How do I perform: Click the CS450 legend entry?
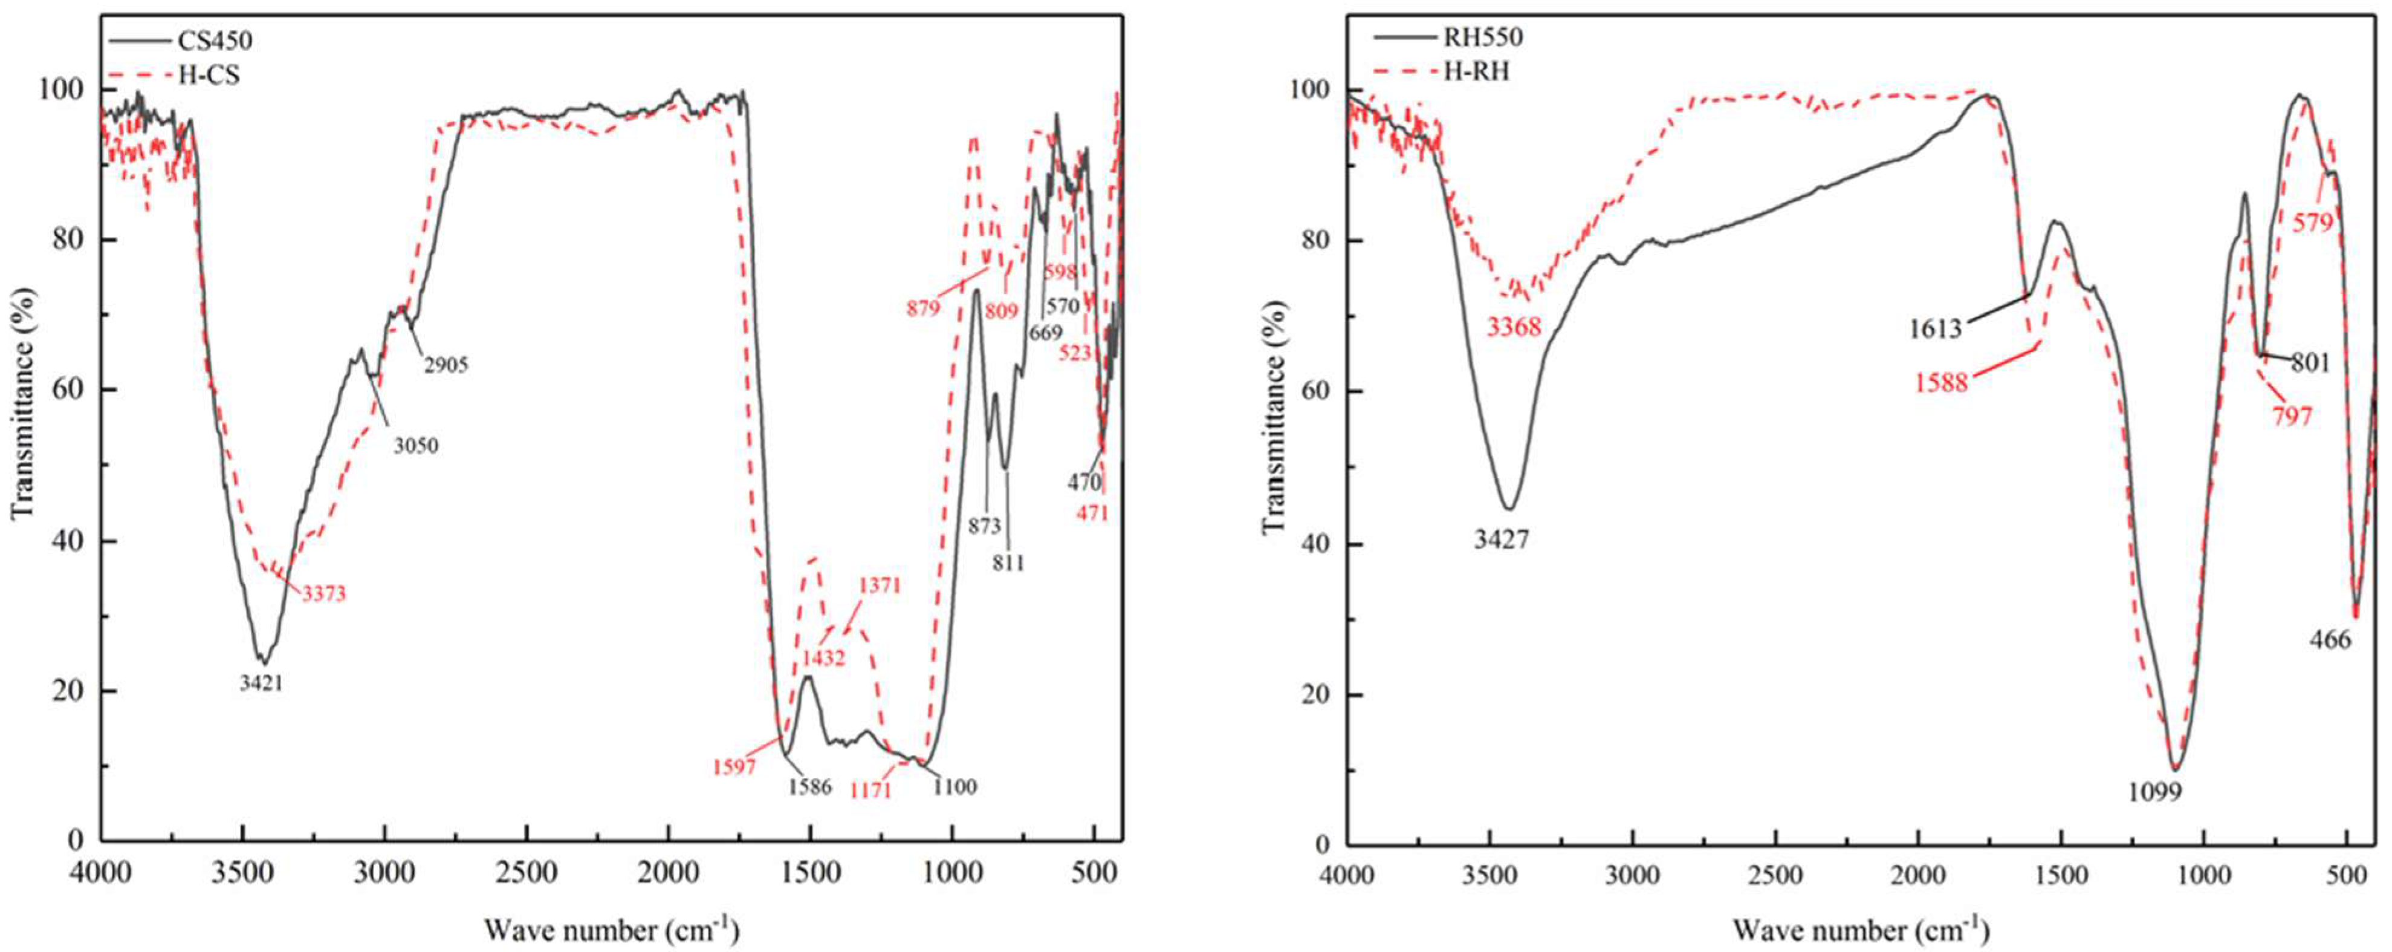click(x=213, y=41)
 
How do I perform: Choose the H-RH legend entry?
click(x=1474, y=71)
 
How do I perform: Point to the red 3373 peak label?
click(x=323, y=593)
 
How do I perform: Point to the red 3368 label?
click(x=1514, y=327)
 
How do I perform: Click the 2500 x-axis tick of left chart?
click(x=527, y=875)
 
